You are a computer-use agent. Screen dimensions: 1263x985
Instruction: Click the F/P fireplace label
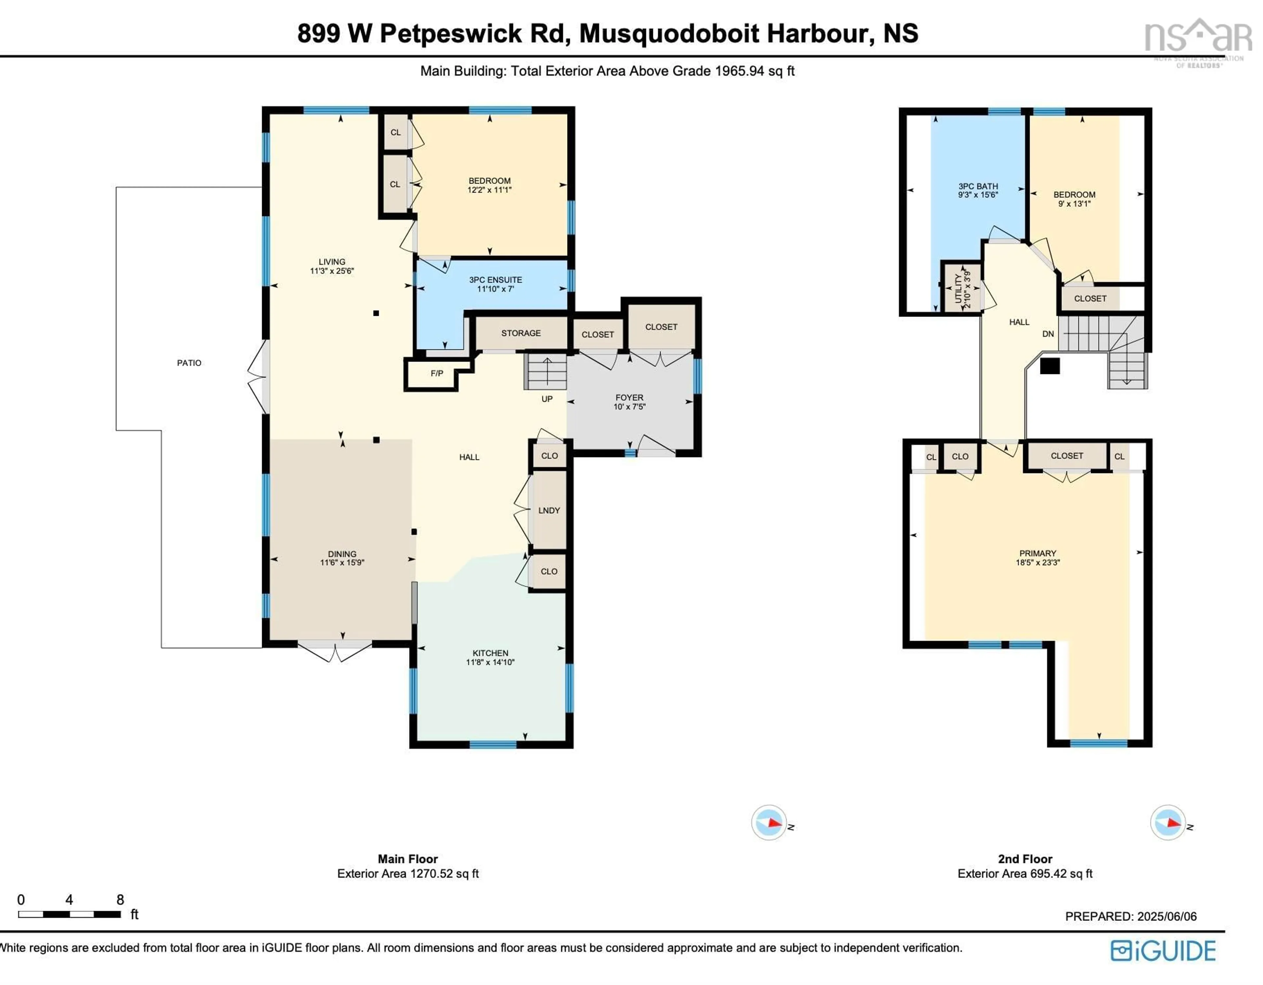(x=436, y=374)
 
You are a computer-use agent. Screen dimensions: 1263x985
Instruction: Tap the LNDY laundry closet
(x=549, y=510)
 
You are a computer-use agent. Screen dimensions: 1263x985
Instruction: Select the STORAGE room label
(x=521, y=333)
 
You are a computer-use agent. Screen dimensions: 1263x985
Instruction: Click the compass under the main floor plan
(x=769, y=822)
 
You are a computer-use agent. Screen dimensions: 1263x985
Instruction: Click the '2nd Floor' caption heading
(x=1025, y=859)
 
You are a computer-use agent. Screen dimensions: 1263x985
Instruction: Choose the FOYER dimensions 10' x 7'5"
(x=629, y=407)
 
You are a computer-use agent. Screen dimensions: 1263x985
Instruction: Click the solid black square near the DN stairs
(x=1050, y=366)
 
